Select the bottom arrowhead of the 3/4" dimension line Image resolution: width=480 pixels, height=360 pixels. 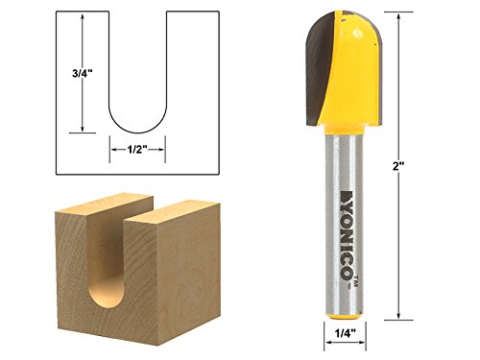click(x=84, y=130)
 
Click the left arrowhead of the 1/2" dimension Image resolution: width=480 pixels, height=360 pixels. click(x=108, y=149)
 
